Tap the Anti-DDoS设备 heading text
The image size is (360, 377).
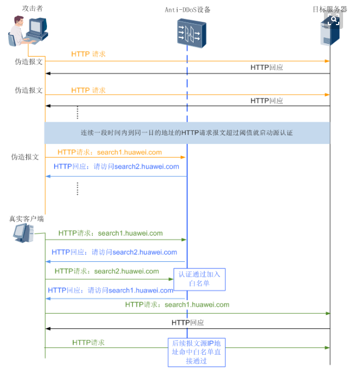point(187,10)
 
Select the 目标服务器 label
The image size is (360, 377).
point(329,9)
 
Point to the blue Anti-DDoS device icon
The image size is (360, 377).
point(191,32)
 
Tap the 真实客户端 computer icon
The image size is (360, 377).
point(22,233)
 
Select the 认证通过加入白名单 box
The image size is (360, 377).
point(199,279)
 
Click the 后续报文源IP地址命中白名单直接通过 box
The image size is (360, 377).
point(196,352)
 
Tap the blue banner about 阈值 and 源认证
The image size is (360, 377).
point(187,133)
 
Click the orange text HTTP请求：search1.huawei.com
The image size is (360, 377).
point(109,153)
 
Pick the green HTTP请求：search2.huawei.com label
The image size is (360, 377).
point(107,271)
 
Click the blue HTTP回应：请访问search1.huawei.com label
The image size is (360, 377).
point(110,290)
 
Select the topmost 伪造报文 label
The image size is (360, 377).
point(28,62)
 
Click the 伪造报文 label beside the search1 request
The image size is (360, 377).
point(25,157)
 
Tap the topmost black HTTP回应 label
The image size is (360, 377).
point(267,68)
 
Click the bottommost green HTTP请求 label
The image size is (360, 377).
point(88,343)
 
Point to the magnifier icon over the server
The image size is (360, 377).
point(334,21)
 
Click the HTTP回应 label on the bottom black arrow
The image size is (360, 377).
point(188,323)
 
